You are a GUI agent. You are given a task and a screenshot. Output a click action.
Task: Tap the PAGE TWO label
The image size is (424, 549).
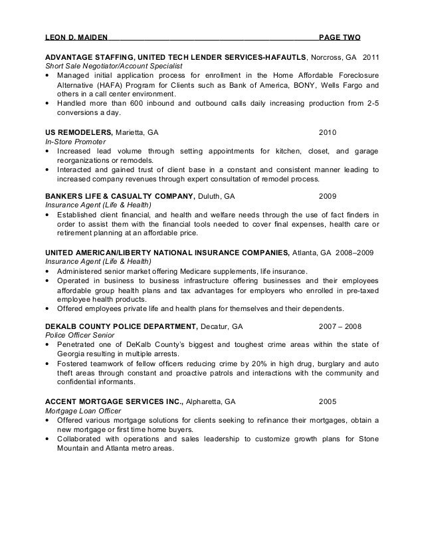[x=340, y=36]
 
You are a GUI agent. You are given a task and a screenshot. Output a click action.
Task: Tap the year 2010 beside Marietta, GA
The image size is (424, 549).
[x=328, y=132]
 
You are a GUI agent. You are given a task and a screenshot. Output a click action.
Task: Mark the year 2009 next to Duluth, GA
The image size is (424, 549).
[x=328, y=197]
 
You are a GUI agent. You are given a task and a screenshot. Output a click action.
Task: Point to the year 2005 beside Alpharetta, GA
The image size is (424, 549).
[x=328, y=401]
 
